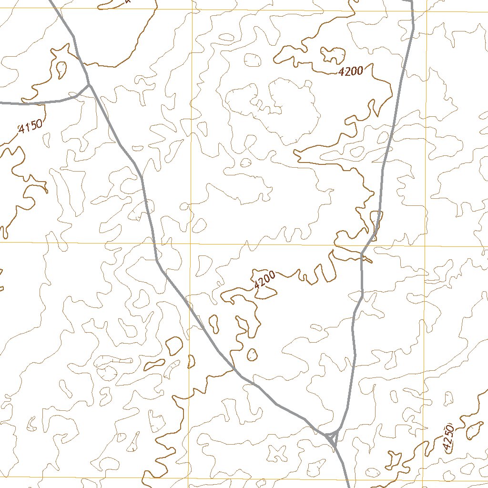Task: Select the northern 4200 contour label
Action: click(351, 71)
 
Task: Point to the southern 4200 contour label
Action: click(264, 280)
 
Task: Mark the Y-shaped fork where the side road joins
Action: click(88, 85)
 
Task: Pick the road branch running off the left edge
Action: click(19, 103)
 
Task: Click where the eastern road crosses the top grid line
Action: click(412, 10)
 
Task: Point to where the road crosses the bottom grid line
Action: click(347, 478)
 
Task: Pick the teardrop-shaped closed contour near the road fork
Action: click(61, 70)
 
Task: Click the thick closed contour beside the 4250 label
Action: click(474, 430)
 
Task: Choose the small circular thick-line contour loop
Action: click(252, 355)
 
